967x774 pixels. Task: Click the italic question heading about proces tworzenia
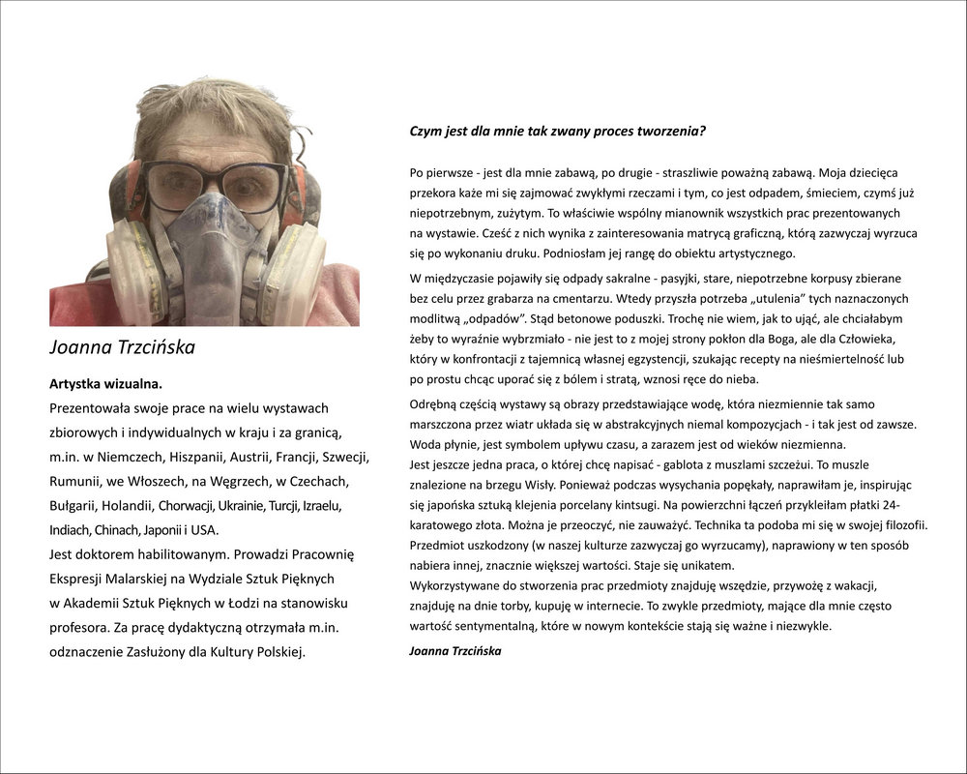(557, 131)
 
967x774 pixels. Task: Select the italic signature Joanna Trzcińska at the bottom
(454, 651)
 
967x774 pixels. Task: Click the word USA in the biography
(205, 530)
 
